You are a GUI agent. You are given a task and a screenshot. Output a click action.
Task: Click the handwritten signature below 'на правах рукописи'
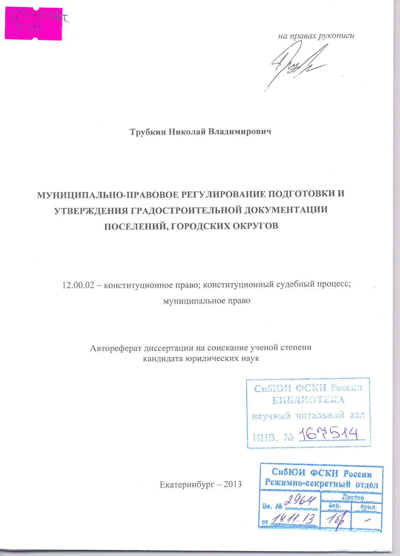(x=295, y=64)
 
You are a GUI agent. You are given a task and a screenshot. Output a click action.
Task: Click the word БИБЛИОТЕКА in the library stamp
(x=308, y=400)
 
